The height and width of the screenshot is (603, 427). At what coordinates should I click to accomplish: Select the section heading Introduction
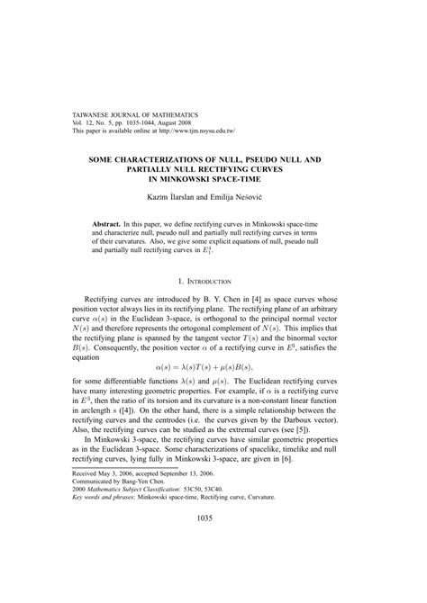pyautogui.click(x=217, y=282)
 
